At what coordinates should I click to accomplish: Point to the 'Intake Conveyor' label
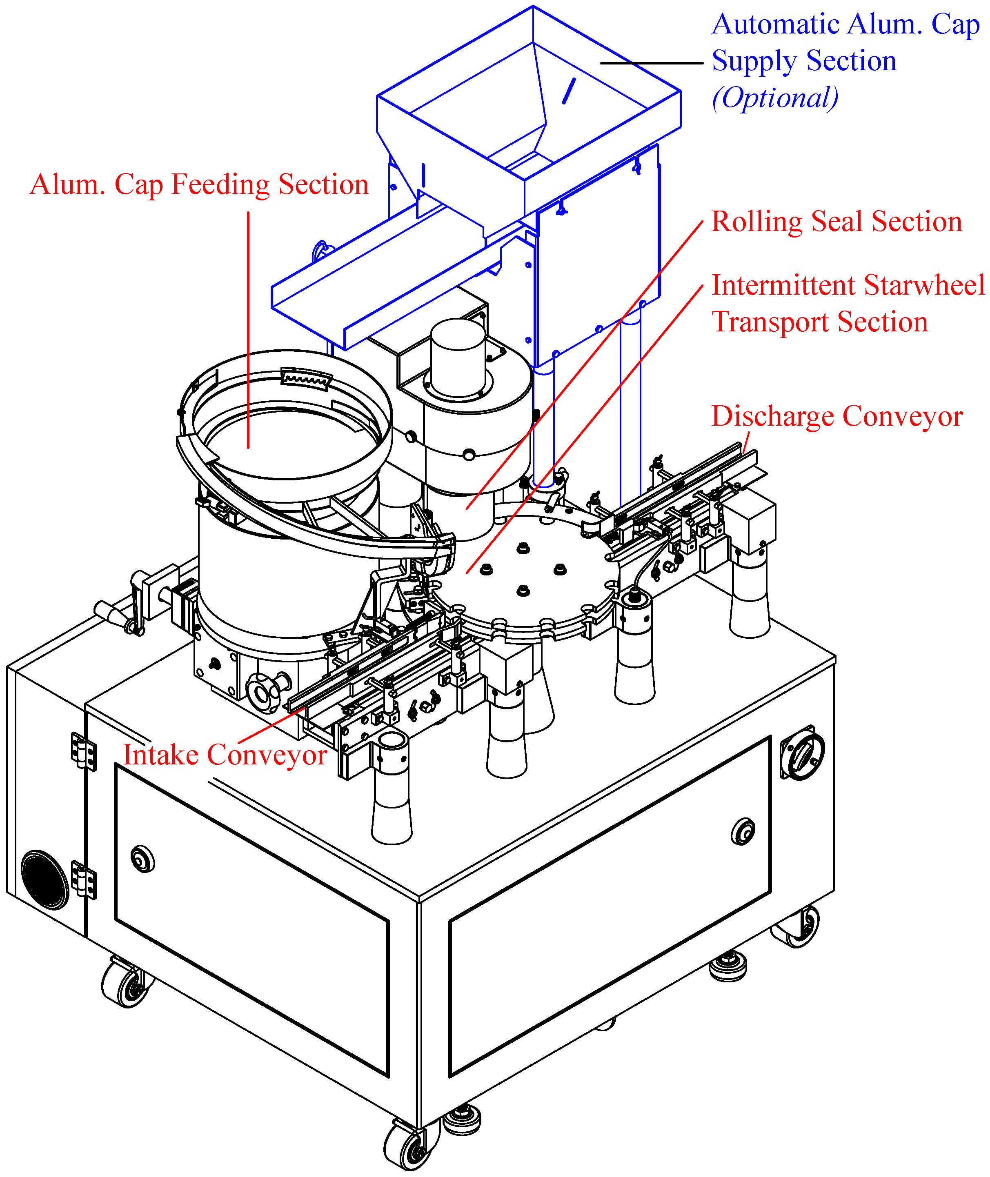pos(225,755)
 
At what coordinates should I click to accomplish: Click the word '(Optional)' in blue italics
pos(775,98)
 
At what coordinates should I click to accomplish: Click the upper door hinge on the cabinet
pos(83,750)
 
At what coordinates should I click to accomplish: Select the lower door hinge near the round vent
pos(83,879)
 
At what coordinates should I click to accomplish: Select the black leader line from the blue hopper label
pos(651,63)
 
